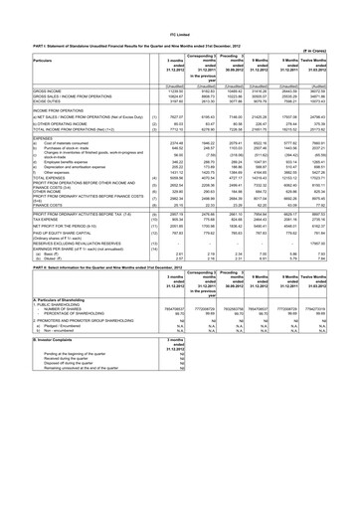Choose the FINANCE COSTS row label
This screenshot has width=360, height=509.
[30, 207]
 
